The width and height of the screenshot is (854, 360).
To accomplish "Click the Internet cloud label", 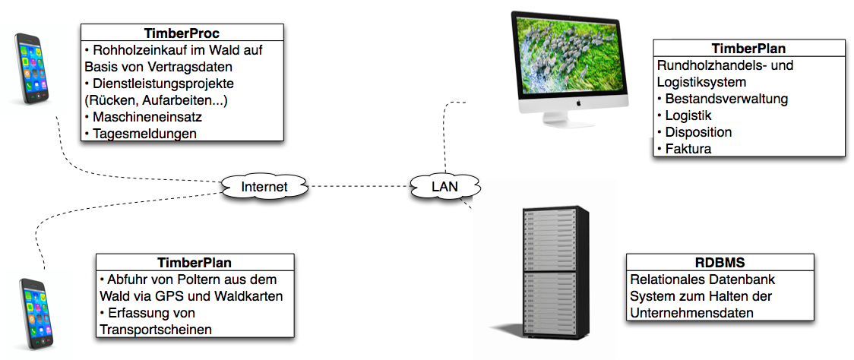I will pyautogui.click(x=264, y=187).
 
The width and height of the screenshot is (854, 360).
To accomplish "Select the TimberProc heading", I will pyautogui.click(x=182, y=33).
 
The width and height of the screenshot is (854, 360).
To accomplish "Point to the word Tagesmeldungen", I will pyautogui.click(x=144, y=134).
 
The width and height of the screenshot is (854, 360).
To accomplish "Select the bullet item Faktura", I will pyautogui.click(x=688, y=149).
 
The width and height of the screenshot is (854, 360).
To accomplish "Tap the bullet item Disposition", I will pyautogui.click(x=698, y=132).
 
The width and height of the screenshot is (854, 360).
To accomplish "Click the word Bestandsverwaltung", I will pyautogui.click(x=726, y=99).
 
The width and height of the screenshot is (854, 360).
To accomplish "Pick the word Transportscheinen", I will pyautogui.click(x=154, y=329).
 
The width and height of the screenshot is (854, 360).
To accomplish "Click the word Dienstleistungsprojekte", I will pyautogui.click(x=163, y=83).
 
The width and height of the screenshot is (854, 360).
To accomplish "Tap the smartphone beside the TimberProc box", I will pyautogui.click(x=33, y=68).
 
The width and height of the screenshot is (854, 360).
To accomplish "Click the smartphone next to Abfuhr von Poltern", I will pyautogui.click(x=37, y=311).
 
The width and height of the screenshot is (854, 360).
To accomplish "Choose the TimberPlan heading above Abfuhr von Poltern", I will pyautogui.click(x=195, y=263).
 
